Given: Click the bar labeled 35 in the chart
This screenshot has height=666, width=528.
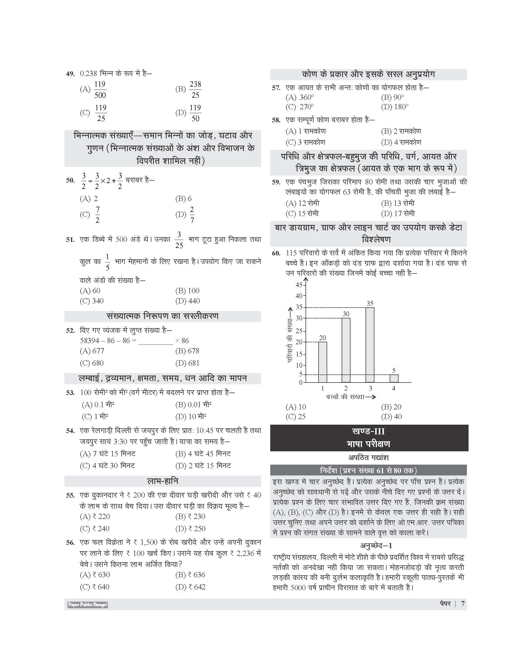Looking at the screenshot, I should click(370, 345).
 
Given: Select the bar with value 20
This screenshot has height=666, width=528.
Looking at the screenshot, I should click(322, 362).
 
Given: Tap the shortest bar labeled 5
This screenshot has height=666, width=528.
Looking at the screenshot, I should click(394, 379).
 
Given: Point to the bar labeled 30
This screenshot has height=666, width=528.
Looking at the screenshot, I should click(346, 350).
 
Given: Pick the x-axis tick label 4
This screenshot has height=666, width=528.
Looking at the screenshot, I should click(394, 388).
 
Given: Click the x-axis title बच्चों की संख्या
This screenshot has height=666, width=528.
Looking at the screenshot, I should click(345, 397).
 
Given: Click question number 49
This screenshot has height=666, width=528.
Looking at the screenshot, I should click(70, 74).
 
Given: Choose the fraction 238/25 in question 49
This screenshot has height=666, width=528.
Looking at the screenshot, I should click(195, 90).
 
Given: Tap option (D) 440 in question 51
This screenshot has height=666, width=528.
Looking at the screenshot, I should click(188, 301).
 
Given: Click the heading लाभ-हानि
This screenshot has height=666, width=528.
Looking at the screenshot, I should click(162, 481).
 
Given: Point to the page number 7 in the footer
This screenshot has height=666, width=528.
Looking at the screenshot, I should click(463, 604).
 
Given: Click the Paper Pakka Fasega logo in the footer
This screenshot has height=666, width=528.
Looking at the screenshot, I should click(87, 604).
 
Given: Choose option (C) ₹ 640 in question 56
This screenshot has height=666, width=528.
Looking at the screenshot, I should click(95, 587).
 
